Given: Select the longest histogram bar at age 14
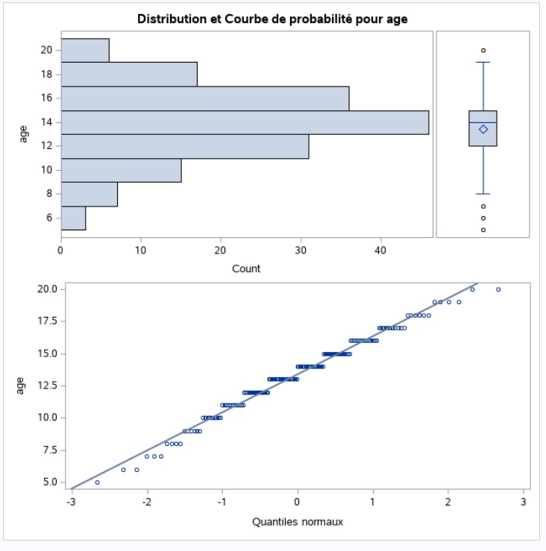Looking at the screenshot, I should (245, 122).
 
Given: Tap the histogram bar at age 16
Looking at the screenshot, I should (205, 98).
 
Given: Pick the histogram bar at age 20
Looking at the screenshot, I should (85, 50).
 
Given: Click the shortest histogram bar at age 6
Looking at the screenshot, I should (73, 218).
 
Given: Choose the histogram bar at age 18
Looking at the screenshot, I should (129, 75).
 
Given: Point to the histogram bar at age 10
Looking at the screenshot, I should (121, 170).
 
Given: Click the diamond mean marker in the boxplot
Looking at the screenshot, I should (483, 129).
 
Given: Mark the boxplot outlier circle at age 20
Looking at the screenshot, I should (483, 51).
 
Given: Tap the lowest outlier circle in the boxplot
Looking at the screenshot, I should (483, 230).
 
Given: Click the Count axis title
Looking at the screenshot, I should (246, 268).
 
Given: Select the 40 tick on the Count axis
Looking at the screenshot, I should (380, 251).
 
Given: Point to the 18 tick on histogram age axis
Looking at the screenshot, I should (46, 75).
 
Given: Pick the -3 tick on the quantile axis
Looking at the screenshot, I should (71, 501).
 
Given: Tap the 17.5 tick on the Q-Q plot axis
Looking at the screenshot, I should (46, 321).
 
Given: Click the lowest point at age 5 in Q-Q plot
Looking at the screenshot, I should (98, 482).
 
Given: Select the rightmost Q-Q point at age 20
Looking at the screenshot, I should (498, 289).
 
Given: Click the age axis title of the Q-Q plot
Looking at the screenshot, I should (21, 385).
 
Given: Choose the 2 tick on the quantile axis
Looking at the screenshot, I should (448, 501).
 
